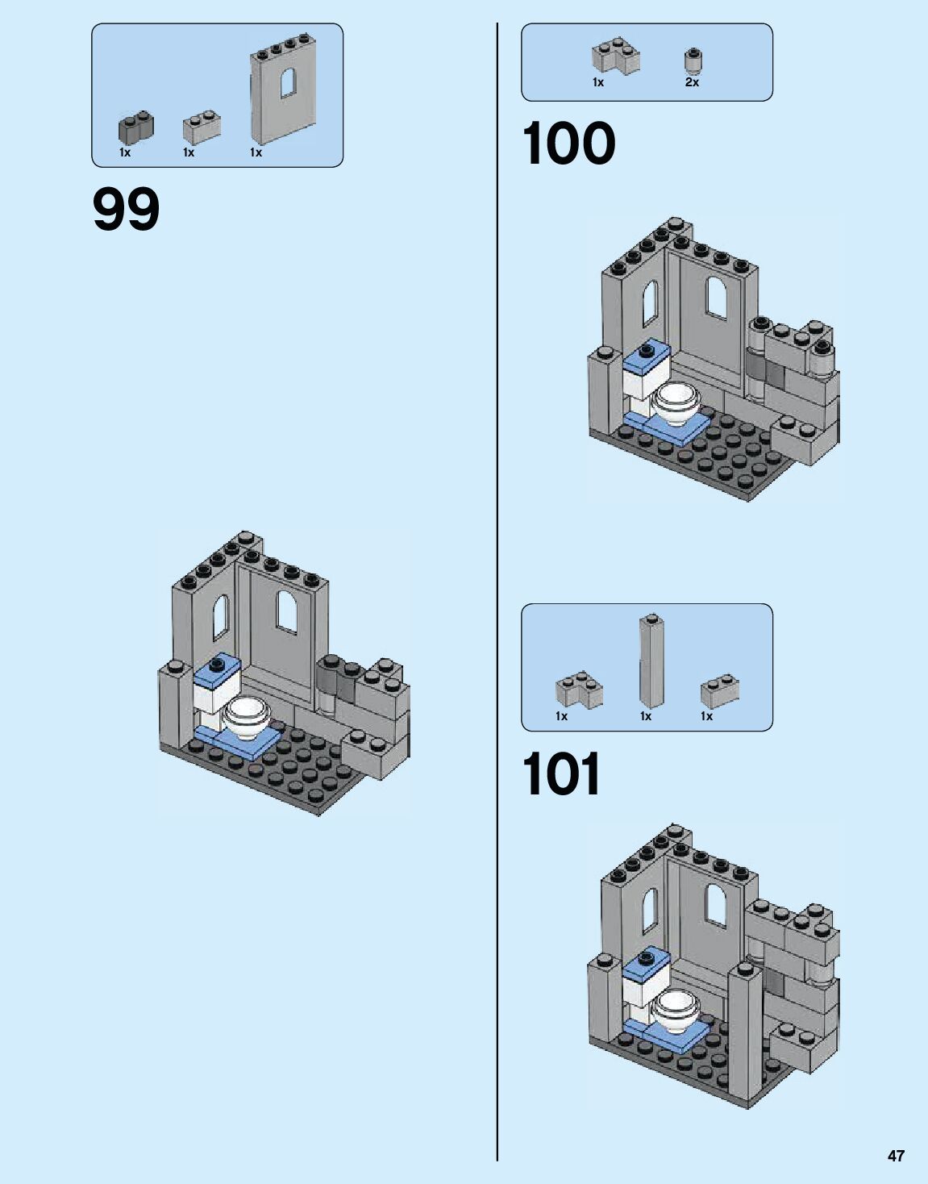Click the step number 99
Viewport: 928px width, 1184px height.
pyautogui.click(x=127, y=210)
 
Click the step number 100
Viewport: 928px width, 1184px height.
pyautogui.click(x=568, y=144)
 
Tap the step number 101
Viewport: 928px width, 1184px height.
pyautogui.click(x=561, y=775)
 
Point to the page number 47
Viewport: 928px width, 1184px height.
pyautogui.click(x=896, y=1156)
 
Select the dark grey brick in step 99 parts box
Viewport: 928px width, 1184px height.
pyautogui.click(x=135, y=127)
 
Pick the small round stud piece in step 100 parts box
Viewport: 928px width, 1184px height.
pyautogui.click(x=692, y=60)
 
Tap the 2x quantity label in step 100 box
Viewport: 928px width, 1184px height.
pyautogui.click(x=692, y=82)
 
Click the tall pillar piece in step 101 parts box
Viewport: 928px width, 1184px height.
pyautogui.click(x=651, y=663)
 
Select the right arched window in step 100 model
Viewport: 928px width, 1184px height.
pyautogui.click(x=717, y=296)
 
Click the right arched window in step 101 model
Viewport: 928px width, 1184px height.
pyautogui.click(x=716, y=903)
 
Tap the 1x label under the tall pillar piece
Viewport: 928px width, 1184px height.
pyautogui.click(x=646, y=716)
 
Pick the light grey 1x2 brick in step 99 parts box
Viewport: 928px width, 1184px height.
pyautogui.click(x=202, y=127)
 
